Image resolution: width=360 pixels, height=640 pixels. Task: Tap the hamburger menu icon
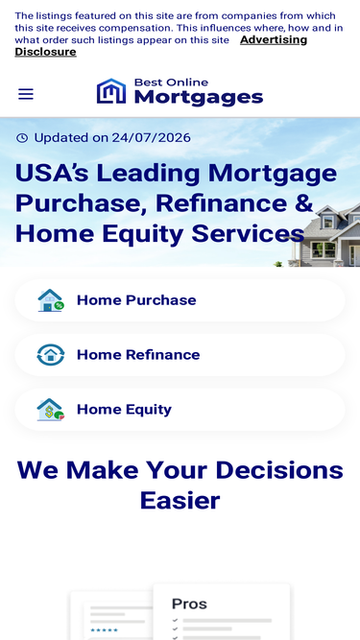point(26,94)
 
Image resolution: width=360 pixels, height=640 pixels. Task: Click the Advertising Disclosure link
point(161,46)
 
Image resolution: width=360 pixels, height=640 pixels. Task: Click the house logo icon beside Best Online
point(111,91)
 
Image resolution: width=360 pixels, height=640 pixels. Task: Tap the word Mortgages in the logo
point(199,98)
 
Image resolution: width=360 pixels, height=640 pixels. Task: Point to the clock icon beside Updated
point(22,138)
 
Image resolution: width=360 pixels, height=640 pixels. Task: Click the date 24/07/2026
point(151,137)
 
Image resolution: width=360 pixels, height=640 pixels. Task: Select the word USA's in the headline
point(52,173)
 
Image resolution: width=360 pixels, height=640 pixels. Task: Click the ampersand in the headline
point(303,202)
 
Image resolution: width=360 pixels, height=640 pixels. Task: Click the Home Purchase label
point(136,300)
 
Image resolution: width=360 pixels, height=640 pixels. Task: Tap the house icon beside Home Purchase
point(51,300)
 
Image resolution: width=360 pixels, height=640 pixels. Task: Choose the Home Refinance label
point(138,355)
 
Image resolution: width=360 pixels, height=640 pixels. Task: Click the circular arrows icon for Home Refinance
point(51,355)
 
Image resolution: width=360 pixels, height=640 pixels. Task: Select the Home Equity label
point(124,410)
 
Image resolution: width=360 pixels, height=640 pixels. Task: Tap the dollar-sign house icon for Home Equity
point(51,410)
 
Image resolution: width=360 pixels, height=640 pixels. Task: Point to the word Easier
point(180,501)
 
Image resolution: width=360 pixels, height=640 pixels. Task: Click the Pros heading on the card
point(189,604)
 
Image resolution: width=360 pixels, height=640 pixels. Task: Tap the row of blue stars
point(104,630)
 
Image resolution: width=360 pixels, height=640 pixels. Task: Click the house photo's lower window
point(324,249)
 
